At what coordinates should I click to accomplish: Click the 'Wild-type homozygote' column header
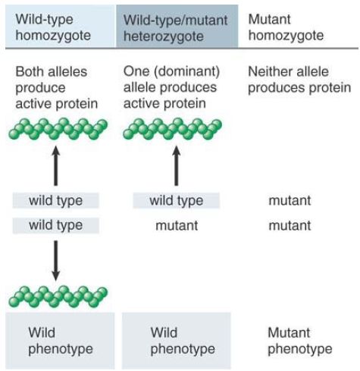coord(60,26)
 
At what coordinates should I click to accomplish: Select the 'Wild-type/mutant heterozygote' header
coord(177,26)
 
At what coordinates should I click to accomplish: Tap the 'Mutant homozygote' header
coord(286,27)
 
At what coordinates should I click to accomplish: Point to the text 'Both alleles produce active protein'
coord(57,87)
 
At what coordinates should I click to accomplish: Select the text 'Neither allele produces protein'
coord(299,80)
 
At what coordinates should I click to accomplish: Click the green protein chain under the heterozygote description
coord(172,129)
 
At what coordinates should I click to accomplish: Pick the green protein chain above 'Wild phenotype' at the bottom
coord(58,297)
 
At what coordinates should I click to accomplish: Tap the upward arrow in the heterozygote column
coord(177,166)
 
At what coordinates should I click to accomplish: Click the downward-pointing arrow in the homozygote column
coord(56,260)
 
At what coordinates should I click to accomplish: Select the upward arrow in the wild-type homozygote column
coord(56,166)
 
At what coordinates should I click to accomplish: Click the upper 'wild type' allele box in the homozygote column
coord(56,200)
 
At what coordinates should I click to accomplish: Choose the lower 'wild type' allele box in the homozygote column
coord(56,225)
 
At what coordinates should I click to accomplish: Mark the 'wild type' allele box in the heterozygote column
coord(177,200)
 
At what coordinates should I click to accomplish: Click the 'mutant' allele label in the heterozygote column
coord(177,225)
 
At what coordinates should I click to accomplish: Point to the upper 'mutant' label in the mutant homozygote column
coord(290,200)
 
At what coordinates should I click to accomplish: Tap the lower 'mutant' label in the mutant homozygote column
coord(290,225)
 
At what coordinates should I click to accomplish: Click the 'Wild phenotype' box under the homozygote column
coord(60,341)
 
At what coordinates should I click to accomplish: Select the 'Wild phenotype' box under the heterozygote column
coord(177,341)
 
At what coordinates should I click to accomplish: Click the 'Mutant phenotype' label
coord(300,341)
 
